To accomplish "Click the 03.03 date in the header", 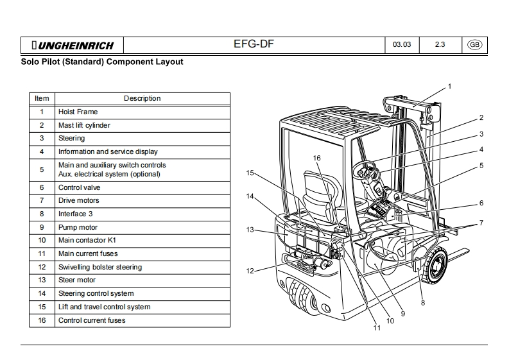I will tap(402, 45).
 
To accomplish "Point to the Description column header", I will tap(142, 98).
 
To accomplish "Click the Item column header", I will tap(42, 98).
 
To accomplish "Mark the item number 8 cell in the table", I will tap(42, 214).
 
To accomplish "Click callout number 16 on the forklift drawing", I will tap(316, 158).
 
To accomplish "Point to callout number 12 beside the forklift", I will tap(250, 271).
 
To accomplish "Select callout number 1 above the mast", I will tap(449, 86).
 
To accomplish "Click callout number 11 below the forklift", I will tap(377, 328).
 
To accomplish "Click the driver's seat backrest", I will tap(316, 193).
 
